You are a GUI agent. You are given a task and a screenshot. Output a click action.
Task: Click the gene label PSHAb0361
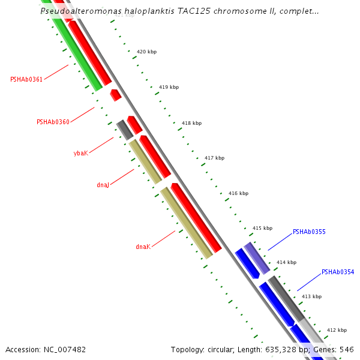pos(26,79)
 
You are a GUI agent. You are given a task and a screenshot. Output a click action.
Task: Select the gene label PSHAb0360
pos(53,122)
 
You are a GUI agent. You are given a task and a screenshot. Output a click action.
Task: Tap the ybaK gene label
pos(80,153)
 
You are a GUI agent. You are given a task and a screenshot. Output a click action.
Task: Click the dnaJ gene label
pos(103,185)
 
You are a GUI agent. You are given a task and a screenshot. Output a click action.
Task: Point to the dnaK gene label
pos(142,247)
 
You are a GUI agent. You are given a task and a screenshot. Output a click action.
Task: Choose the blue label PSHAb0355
pos(309,232)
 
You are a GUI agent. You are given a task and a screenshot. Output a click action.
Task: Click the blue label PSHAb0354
pos(338,272)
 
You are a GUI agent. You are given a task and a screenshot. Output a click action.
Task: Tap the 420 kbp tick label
pos(146,52)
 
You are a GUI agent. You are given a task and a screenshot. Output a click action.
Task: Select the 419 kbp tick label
pos(169,87)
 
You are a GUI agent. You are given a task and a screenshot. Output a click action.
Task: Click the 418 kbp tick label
pos(191,123)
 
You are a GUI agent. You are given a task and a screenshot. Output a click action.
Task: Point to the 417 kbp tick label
pos(214,158)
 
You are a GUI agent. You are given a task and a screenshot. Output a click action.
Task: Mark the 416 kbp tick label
pos(238,193)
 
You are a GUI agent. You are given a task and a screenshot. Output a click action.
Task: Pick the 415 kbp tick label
pos(262,228)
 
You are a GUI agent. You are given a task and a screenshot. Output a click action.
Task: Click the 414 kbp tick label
pos(286,262)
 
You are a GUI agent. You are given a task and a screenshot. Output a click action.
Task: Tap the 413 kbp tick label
pos(311,296)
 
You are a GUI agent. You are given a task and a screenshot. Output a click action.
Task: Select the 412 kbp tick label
pos(337,330)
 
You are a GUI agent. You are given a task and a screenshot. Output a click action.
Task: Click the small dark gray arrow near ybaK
pos(124,129)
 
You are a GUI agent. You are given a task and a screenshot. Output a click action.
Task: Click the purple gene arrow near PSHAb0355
pos(257,259)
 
